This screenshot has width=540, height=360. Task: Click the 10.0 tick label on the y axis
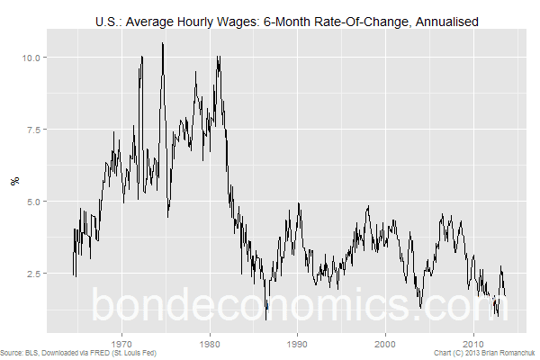pyautogui.click(x=31, y=58)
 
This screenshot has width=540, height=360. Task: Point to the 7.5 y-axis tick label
pyautogui.click(x=34, y=130)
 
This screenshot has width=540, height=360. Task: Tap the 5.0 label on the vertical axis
pyautogui.click(x=34, y=202)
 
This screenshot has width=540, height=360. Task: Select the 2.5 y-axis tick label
pyautogui.click(x=34, y=274)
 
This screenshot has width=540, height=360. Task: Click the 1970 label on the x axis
pyautogui.click(x=121, y=344)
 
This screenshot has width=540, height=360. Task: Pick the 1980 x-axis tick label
pyautogui.click(x=210, y=344)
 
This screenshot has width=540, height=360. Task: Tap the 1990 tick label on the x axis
pyautogui.click(x=298, y=344)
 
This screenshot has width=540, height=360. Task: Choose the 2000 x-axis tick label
pyautogui.click(x=385, y=344)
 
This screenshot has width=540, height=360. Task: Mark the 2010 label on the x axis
pyautogui.click(x=473, y=344)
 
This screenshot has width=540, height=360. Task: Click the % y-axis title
pyautogui.click(x=15, y=181)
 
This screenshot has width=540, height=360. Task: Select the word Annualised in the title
pyautogui.click(x=447, y=22)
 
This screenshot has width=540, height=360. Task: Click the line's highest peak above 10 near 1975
pyautogui.click(x=163, y=43)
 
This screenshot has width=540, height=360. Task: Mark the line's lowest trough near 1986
pyautogui.click(x=265, y=319)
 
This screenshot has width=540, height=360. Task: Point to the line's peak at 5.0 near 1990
pyautogui.click(x=299, y=202)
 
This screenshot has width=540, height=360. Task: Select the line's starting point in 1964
pyautogui.click(x=74, y=274)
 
